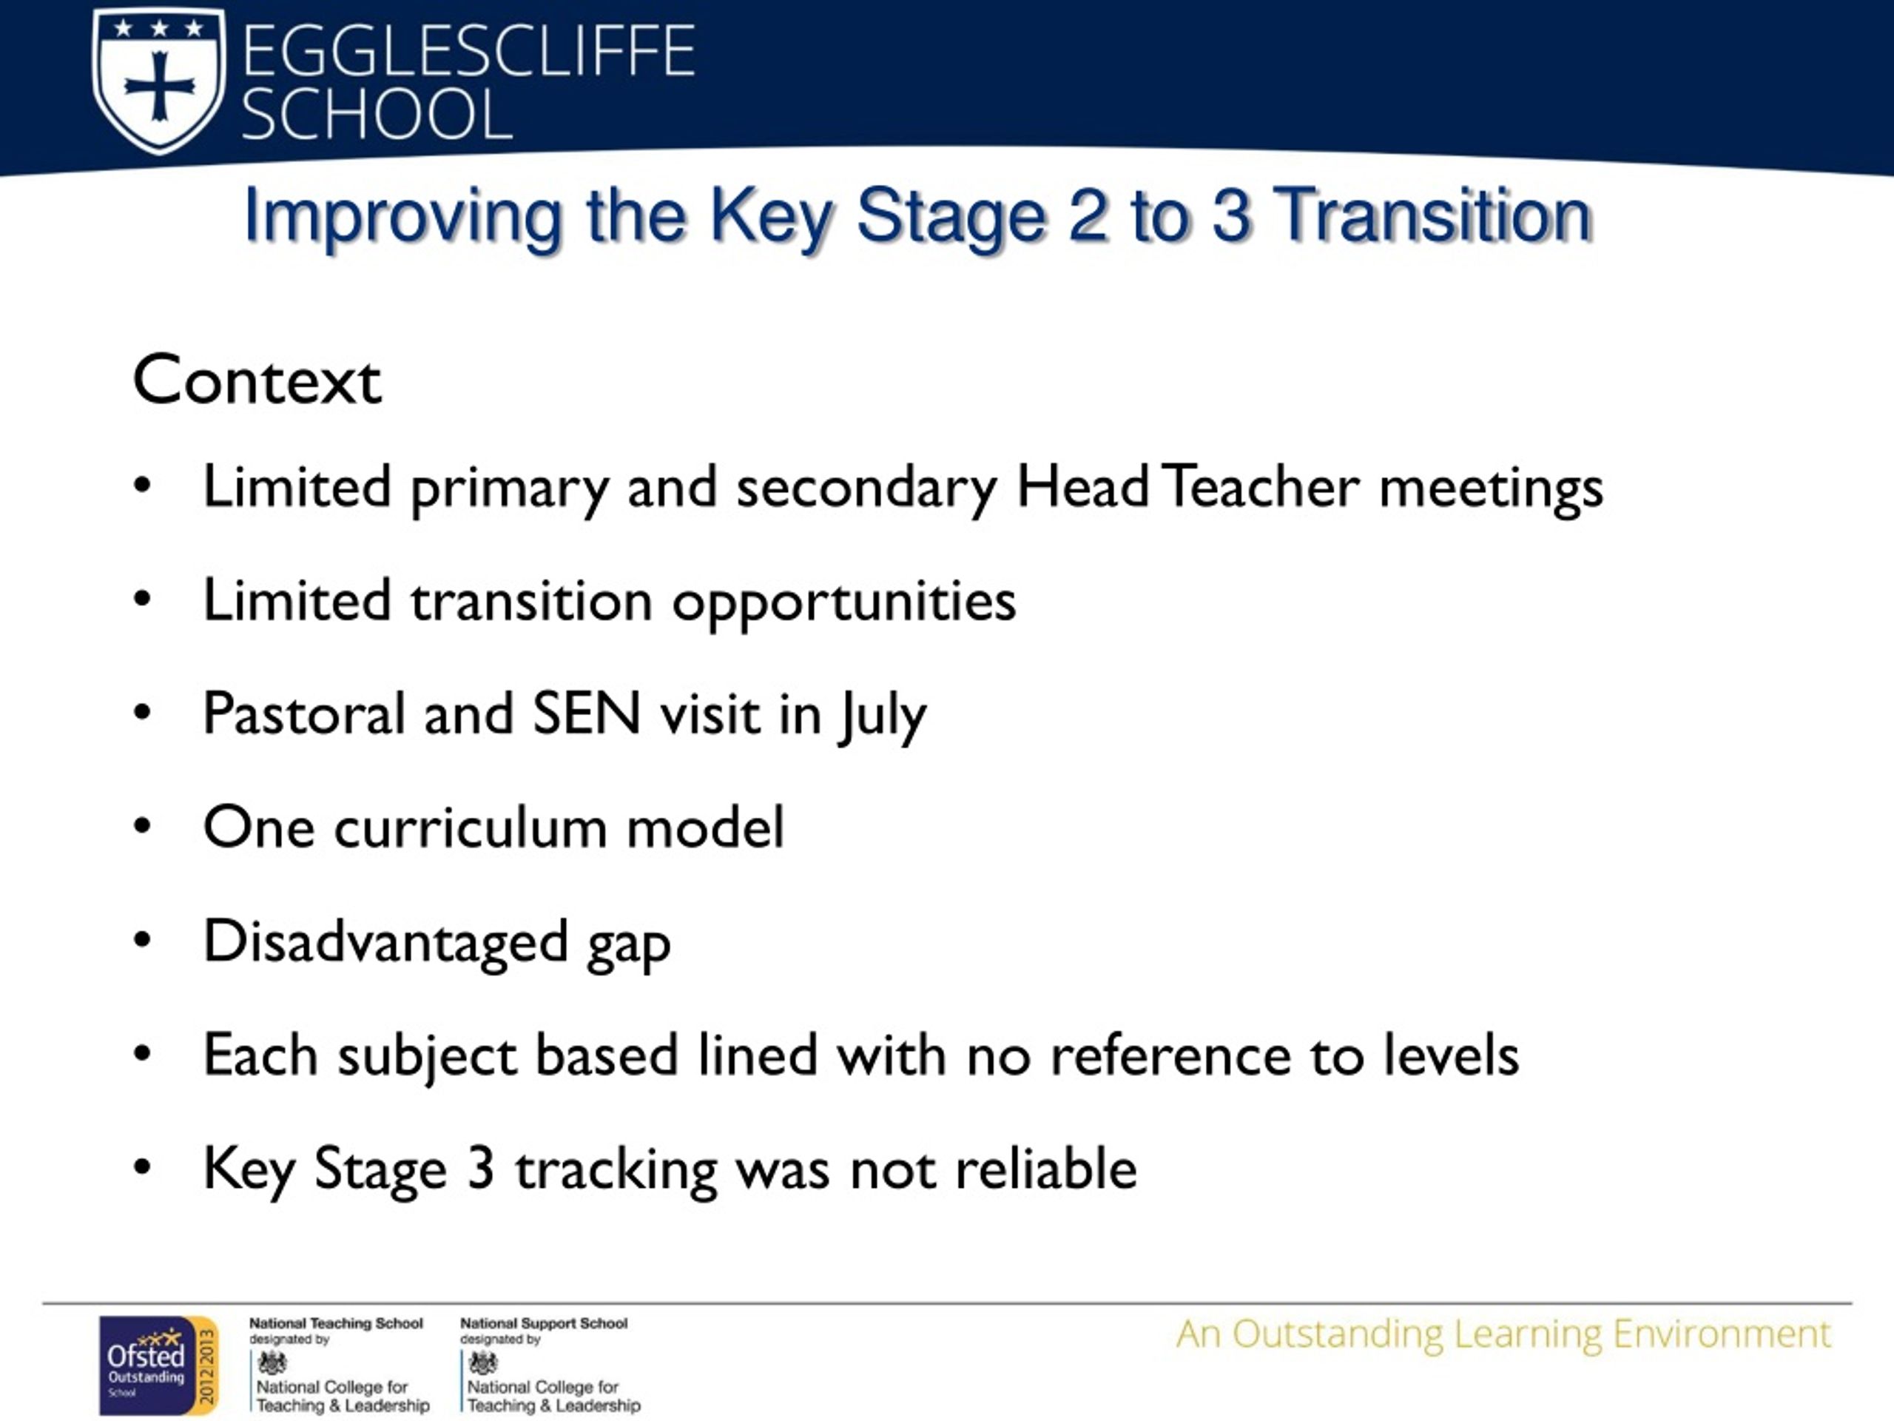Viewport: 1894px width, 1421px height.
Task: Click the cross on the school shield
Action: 159,86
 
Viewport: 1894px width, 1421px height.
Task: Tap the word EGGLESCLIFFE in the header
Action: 468,51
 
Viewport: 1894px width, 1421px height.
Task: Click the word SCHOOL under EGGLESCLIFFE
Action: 377,114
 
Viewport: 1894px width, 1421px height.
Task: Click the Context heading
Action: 257,380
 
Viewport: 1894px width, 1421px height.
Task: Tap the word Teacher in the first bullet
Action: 1261,486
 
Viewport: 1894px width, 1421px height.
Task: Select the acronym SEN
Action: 587,713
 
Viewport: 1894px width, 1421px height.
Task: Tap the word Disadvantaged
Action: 385,941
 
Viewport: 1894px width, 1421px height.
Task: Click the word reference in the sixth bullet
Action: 1170,1055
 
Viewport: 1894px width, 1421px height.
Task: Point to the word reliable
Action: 1045,1169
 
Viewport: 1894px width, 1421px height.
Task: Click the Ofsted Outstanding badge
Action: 158,1365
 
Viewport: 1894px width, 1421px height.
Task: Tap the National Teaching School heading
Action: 336,1324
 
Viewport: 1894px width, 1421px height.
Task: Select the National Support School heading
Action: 544,1324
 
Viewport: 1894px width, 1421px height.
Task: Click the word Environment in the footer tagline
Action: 1722,1334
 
